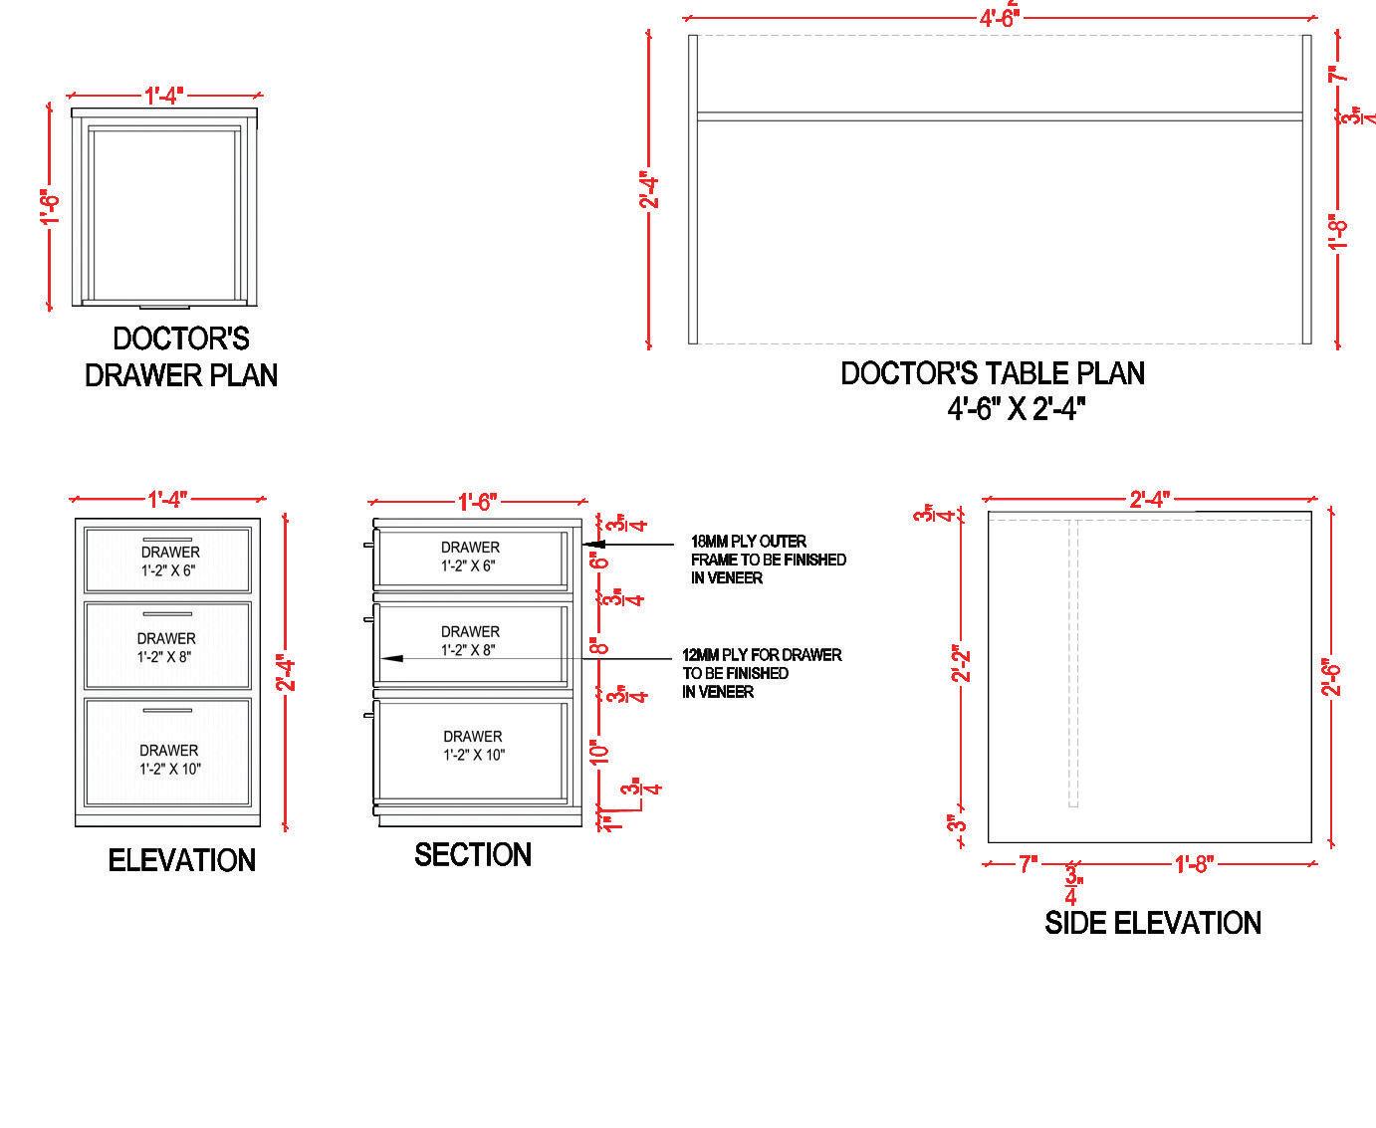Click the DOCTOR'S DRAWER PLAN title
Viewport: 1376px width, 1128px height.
[x=180, y=356]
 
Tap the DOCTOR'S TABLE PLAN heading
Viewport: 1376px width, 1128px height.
[x=993, y=373]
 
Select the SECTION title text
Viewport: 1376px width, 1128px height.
[x=473, y=854]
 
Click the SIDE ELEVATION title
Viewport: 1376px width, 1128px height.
[x=1153, y=923]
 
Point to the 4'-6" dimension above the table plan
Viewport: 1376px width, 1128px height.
[x=999, y=18]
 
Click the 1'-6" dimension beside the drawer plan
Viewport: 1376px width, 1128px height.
[x=51, y=207]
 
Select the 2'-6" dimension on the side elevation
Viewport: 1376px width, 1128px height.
[x=1334, y=676]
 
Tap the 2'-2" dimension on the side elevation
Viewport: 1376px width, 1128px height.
[x=961, y=664]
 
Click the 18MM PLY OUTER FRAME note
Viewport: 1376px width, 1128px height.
[x=769, y=560]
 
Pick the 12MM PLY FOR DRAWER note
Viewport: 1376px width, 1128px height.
[x=762, y=673]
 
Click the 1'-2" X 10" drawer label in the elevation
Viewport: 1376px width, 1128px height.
[x=170, y=769]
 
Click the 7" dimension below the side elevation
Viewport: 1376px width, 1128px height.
[x=1028, y=864]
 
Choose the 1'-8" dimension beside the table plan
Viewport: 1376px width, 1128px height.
[x=1339, y=232]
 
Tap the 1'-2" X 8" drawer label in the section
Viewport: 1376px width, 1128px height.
[x=470, y=650]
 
